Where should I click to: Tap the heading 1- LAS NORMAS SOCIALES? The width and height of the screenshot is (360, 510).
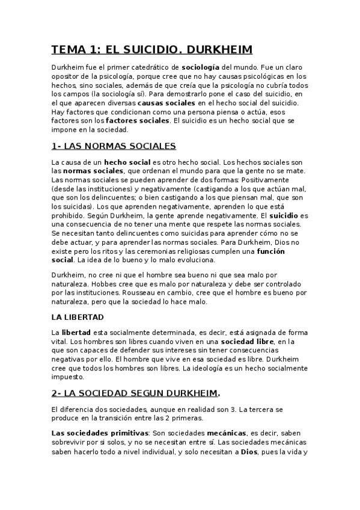114,146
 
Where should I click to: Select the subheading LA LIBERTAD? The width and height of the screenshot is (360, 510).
78,316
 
